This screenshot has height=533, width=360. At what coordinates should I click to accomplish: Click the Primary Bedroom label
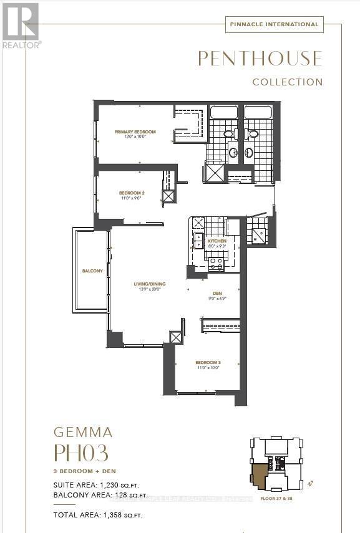coord(135,132)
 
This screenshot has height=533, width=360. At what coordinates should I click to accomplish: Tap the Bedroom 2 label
coord(132,193)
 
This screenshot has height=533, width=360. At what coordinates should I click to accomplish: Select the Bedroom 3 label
coord(208,362)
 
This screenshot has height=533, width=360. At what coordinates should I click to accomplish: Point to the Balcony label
coord(92,271)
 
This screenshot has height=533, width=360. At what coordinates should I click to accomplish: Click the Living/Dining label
coord(149,284)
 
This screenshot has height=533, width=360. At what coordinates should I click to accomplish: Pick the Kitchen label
coord(217,241)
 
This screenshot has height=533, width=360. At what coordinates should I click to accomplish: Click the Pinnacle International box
coord(273,24)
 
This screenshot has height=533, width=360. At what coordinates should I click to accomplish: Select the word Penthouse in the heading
coord(260,59)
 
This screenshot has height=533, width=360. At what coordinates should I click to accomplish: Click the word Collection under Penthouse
coord(288,82)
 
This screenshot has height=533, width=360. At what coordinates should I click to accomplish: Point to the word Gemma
coord(83,432)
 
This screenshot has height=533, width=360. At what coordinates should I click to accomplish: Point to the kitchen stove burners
coord(216,264)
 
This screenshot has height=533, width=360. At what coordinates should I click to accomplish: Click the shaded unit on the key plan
coord(258,476)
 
